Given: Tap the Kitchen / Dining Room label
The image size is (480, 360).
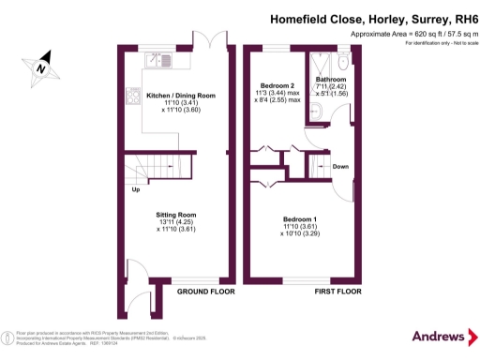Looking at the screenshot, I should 181,95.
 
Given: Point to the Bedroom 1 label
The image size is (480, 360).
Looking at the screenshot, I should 300,219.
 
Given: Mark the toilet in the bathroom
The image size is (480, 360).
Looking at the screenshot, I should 343,62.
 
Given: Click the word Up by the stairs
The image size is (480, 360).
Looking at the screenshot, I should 135,189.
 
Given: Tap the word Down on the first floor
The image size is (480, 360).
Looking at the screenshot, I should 341,168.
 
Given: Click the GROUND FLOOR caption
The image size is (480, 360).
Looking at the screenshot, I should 205,292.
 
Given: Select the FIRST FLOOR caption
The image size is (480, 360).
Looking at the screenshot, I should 336,292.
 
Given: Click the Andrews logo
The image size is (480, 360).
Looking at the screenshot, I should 438,337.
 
